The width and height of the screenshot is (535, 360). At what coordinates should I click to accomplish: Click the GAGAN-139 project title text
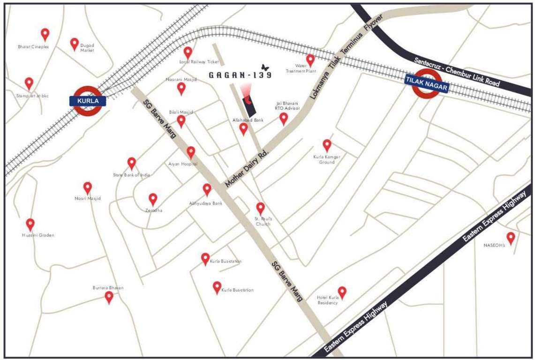click(x=240, y=75)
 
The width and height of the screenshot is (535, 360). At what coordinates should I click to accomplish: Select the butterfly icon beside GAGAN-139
click(x=265, y=67)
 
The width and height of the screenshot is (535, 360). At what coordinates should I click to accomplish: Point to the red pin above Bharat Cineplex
click(x=45, y=34)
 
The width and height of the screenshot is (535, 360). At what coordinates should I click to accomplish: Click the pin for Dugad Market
click(x=74, y=44)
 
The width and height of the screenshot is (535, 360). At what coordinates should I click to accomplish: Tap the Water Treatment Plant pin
click(x=310, y=60)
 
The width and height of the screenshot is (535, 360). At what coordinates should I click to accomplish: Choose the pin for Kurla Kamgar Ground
click(x=327, y=145)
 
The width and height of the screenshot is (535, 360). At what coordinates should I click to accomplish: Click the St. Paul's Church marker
click(x=260, y=208)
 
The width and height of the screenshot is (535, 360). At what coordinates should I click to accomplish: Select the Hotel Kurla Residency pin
click(x=342, y=292)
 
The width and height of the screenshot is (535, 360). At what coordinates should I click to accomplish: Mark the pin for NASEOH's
click(x=511, y=238)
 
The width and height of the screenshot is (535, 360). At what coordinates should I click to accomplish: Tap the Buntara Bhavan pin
click(x=109, y=297)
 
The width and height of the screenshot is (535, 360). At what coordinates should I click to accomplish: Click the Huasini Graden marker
click(x=30, y=225)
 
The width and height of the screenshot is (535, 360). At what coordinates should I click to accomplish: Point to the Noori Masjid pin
click(x=87, y=188)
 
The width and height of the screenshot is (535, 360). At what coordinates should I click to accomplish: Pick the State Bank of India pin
click(x=132, y=163)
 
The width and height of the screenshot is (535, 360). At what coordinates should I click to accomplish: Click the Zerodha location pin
click(x=153, y=199)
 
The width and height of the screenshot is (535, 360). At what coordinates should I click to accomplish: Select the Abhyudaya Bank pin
click(x=207, y=189)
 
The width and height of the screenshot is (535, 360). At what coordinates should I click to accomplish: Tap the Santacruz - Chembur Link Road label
click(x=457, y=73)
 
